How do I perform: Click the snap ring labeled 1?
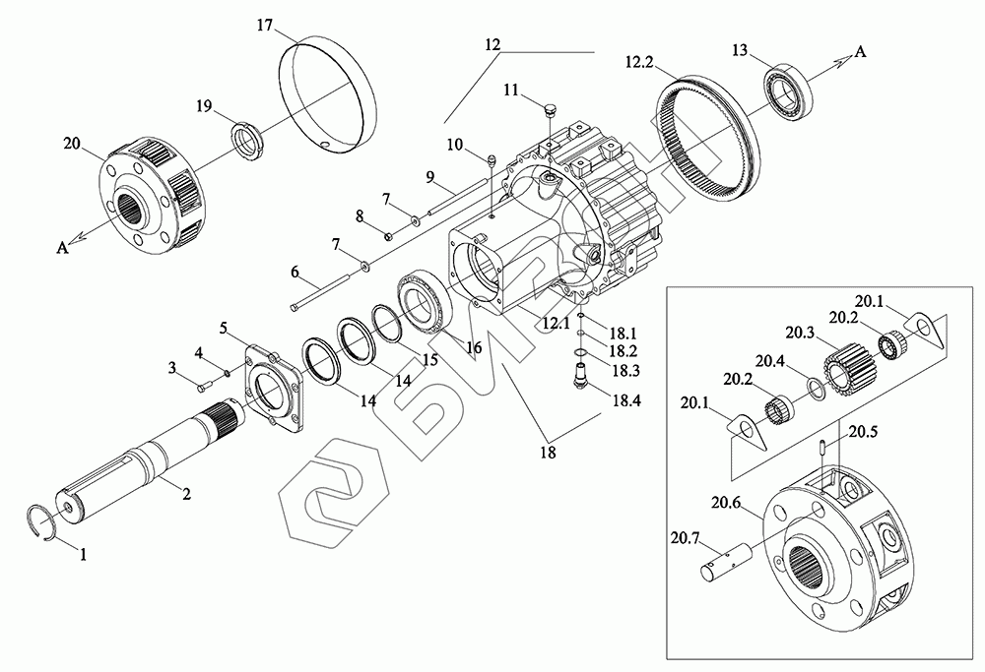[x=44, y=521]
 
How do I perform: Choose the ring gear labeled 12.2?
[x=708, y=144]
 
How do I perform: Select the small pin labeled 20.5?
[x=821, y=448]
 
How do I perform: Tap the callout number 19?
[x=203, y=105]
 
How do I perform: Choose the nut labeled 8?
[x=388, y=235]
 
